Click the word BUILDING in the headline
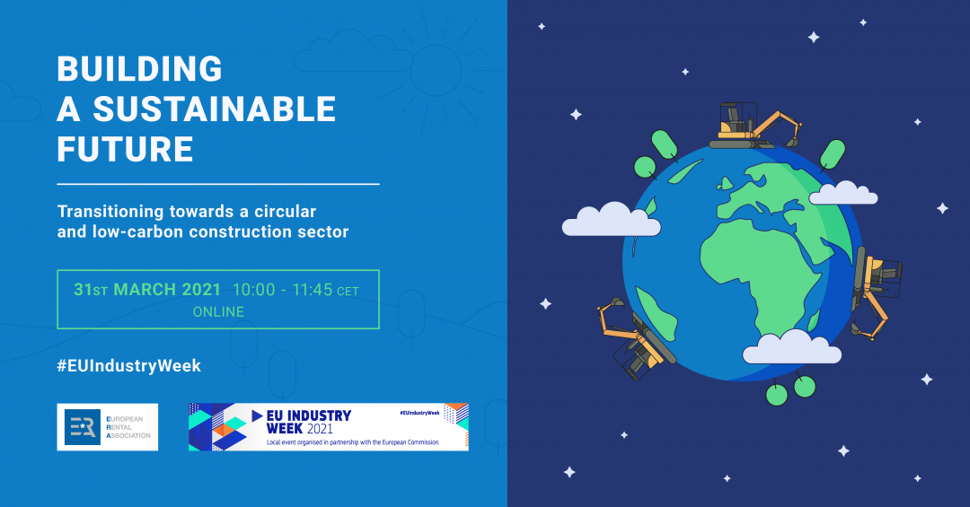click(x=140, y=68)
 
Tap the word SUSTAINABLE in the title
click(x=214, y=109)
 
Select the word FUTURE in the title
click(x=126, y=149)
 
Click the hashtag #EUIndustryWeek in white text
click(x=129, y=365)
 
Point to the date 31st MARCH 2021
click(x=147, y=289)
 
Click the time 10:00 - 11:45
click(x=283, y=289)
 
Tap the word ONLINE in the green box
click(x=218, y=311)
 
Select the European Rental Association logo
click(x=108, y=427)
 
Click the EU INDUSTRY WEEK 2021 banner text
click(x=309, y=422)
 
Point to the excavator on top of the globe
click(x=754, y=127)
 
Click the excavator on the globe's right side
click(x=877, y=292)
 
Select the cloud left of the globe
click(x=612, y=220)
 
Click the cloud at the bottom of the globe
click(x=792, y=347)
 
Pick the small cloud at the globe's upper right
click(x=843, y=193)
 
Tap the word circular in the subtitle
click(x=286, y=212)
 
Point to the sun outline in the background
click(x=436, y=70)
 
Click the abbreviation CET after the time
click(x=348, y=292)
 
